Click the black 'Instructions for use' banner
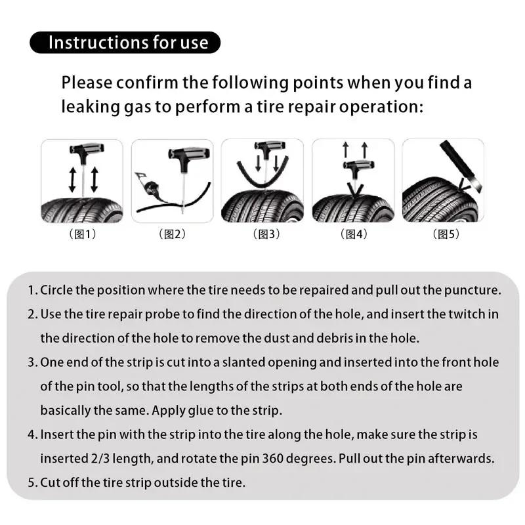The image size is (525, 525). pyautogui.click(x=125, y=43)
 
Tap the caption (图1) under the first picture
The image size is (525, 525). pyautogui.click(x=82, y=234)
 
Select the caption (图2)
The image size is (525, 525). pyautogui.click(x=172, y=234)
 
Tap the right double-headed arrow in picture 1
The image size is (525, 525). pyautogui.click(x=94, y=179)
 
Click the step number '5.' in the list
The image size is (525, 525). pyautogui.click(x=33, y=482)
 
